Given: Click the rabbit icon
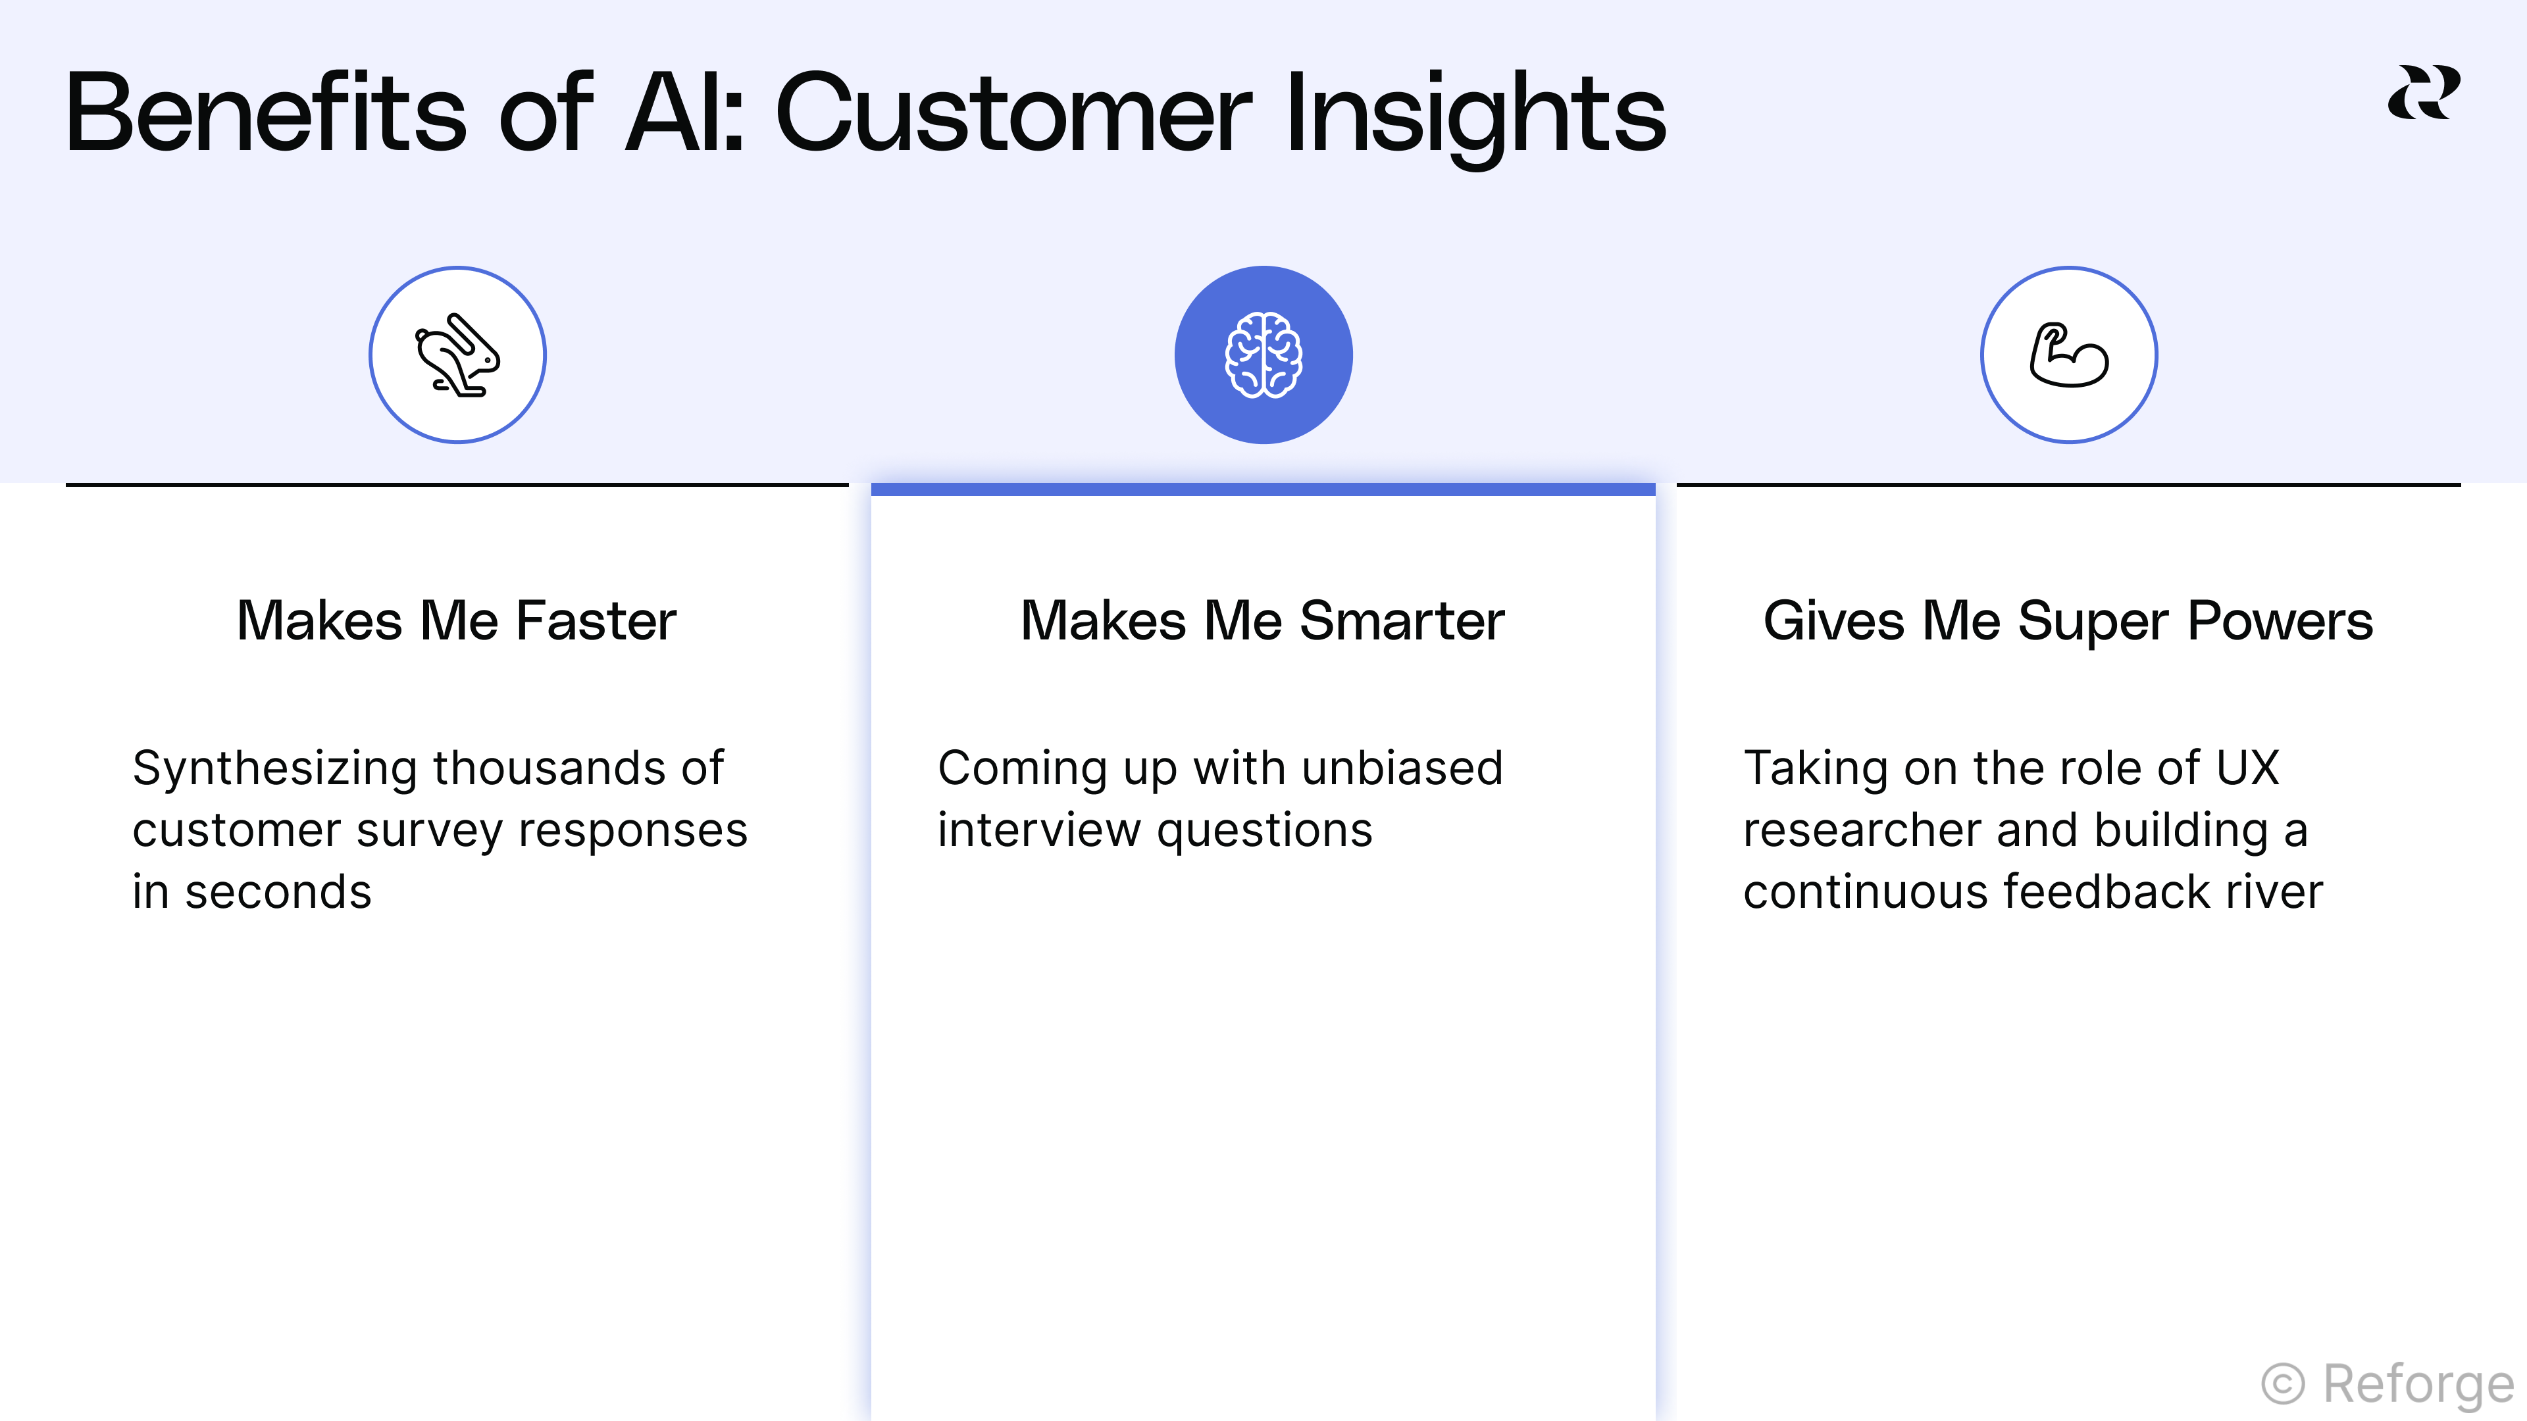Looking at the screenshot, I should [457, 355].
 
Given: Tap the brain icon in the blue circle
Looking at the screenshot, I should [1263, 355].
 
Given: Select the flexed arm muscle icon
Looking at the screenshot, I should [2069, 355].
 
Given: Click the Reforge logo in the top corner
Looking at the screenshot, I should [2423, 93].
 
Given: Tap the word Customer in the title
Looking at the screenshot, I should [1013, 114].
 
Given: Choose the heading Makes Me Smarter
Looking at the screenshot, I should [1263, 621].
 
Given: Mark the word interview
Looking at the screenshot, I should [1039, 831].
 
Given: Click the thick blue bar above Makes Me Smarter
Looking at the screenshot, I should [1263, 488].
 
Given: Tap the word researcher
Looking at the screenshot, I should [1861, 831].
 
